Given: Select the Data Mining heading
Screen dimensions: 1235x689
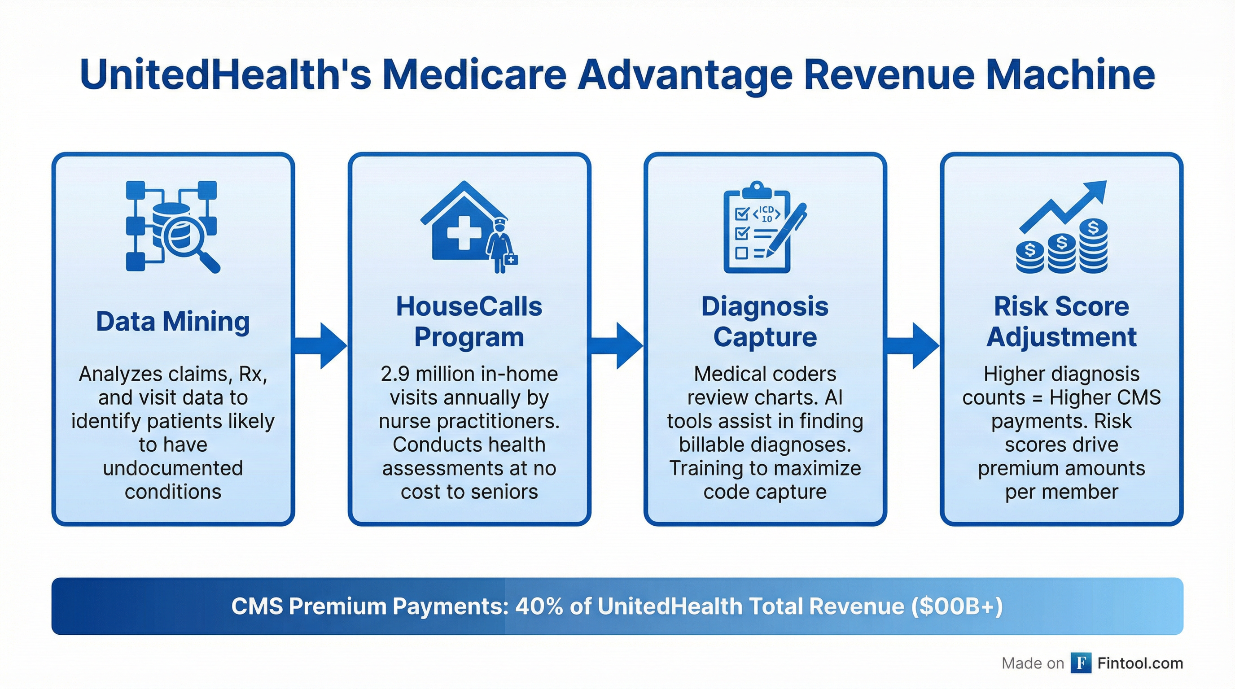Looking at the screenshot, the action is coord(173,322).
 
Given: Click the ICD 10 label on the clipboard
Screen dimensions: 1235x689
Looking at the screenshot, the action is coord(767,214).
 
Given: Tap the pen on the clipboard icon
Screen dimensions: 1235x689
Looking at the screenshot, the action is coord(786,230).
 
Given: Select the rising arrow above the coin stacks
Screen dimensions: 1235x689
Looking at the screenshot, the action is coord(1062,206).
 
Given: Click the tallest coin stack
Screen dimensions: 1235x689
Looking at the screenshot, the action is coord(1093,245).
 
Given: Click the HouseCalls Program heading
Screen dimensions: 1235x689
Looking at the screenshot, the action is coord(469,322).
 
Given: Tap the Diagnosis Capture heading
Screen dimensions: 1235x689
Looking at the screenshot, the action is coord(765,322).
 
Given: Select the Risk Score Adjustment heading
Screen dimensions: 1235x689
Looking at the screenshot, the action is coord(1061,322).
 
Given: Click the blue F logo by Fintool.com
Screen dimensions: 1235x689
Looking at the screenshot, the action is coord(1081,663).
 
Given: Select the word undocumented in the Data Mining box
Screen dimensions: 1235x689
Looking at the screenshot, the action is coord(173,468).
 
